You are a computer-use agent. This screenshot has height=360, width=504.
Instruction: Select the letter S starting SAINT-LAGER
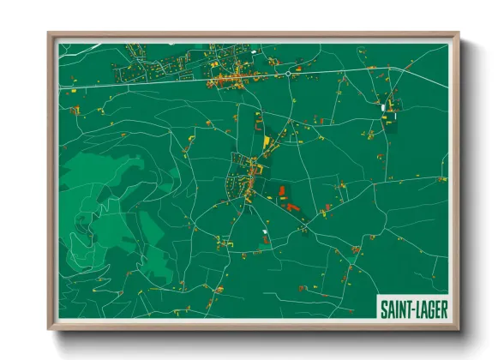(x=383, y=307)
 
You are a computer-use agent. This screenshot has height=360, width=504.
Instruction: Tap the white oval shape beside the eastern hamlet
(x=383, y=108)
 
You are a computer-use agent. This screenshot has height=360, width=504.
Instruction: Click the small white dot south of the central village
(x=265, y=231)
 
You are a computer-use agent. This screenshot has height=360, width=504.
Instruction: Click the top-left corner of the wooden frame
(x=50, y=34)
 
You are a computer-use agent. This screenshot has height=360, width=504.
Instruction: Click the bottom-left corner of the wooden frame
(x=50, y=328)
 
